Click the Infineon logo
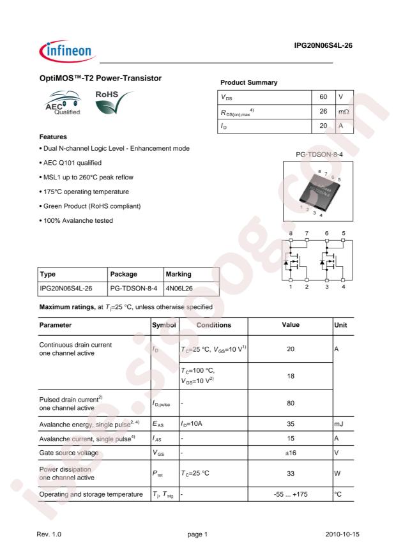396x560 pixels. tap(58, 47)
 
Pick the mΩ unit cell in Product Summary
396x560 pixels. tap(344, 112)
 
